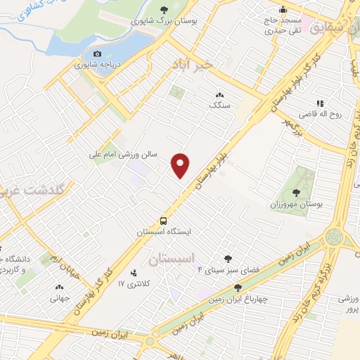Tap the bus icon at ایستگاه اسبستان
[x=163, y=219]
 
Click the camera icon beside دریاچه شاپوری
[x=98, y=54]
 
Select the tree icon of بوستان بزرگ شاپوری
[x=165, y=10]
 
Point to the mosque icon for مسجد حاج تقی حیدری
[x=283, y=10]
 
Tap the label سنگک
[x=219, y=104]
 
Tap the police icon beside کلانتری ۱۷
[x=134, y=273]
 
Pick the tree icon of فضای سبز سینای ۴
[x=227, y=259]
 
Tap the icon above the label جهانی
[x=59, y=286]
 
